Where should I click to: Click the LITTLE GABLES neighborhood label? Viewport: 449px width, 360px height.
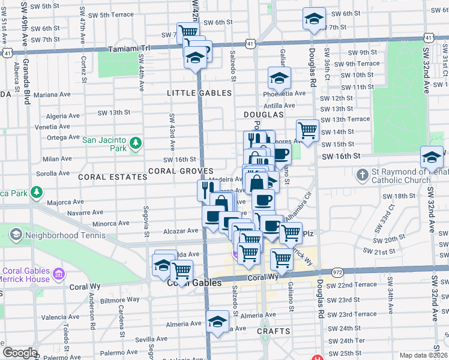point(199,93)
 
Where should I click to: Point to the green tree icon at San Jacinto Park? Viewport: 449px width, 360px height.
point(136,142)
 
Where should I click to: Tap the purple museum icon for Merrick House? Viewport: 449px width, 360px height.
point(59,274)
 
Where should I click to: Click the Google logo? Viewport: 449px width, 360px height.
point(19,353)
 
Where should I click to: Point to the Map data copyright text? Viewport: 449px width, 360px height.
point(424,355)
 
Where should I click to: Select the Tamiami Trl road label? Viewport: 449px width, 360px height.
point(127,49)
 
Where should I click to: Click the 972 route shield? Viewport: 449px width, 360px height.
point(339,272)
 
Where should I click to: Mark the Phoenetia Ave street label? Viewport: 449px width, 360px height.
point(285,93)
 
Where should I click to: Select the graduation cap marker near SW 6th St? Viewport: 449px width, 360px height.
point(313,19)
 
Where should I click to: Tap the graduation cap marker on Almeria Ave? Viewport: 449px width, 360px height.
point(217,322)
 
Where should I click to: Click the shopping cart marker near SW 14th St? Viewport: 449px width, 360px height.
point(307,130)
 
